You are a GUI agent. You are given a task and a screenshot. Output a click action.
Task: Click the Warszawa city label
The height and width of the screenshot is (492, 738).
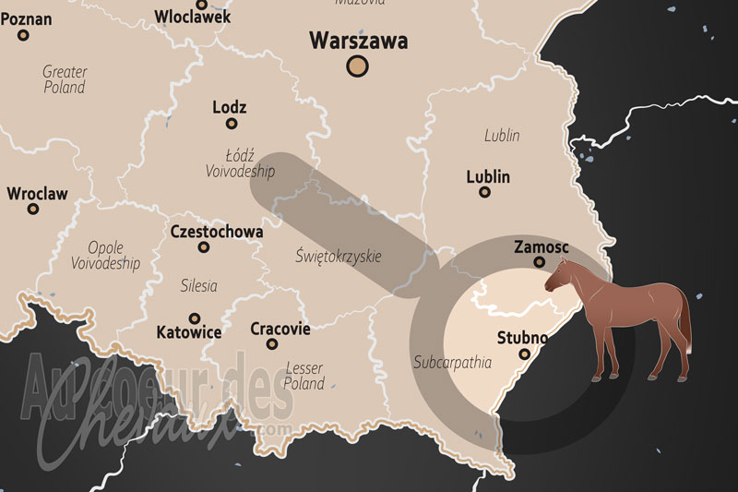coord(358,41)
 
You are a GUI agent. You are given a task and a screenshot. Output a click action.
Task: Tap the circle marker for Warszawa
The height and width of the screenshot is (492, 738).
coord(357,66)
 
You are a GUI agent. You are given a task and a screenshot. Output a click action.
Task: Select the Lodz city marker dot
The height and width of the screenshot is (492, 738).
coord(232,124)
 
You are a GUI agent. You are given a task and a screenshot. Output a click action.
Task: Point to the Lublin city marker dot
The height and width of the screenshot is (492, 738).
coord(484,192)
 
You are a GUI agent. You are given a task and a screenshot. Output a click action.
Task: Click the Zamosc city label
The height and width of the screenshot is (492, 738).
coord(541,247)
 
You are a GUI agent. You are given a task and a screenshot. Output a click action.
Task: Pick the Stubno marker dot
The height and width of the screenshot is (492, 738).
coord(525,354)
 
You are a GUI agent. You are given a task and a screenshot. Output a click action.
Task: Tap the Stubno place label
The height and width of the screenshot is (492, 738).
coord(522,336)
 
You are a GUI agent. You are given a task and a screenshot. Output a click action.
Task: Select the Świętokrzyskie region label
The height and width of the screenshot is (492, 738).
coord(339,256)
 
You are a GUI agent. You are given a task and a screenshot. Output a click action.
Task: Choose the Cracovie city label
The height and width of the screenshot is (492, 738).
coord(280,329)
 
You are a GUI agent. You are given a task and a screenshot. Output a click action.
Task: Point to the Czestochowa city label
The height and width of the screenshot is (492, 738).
coord(217,232)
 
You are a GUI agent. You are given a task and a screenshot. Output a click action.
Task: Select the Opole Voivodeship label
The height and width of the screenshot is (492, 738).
coord(105,256)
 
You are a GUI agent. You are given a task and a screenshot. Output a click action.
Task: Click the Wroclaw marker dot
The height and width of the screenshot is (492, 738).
coord(33,209)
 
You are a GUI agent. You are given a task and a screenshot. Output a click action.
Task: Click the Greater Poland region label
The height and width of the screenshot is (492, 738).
coord(65,79)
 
